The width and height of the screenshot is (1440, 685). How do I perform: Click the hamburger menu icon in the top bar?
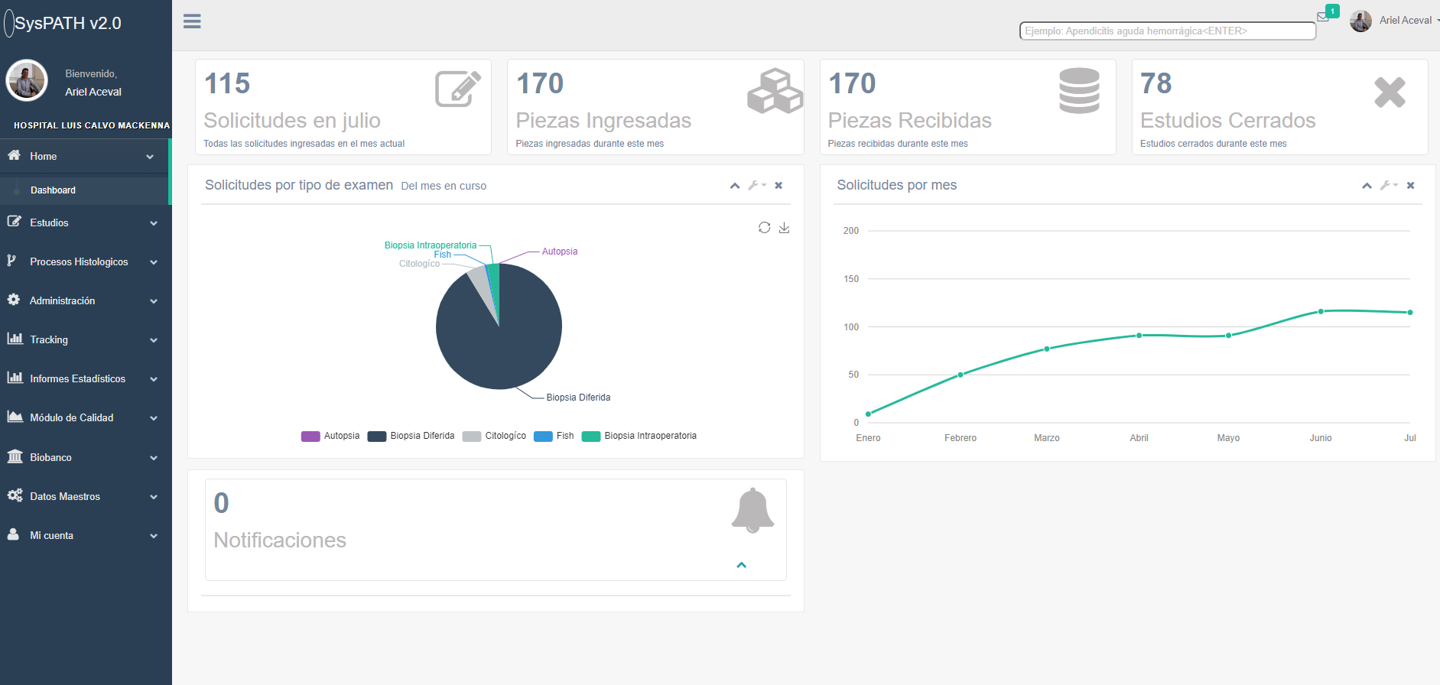[x=192, y=21]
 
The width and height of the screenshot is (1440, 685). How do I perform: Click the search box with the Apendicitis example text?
[x=1167, y=31]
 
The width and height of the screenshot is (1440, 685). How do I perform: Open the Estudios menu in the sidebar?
[x=50, y=222]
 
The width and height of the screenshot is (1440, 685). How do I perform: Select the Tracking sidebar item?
[x=49, y=339]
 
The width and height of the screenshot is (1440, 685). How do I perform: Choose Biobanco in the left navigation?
[x=50, y=457]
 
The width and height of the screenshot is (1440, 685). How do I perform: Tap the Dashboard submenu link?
[x=53, y=190]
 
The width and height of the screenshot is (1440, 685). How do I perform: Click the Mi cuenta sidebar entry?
[x=52, y=535]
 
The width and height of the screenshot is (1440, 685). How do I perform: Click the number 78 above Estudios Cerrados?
[x=1156, y=83]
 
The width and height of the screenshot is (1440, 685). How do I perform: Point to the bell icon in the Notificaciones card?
[x=753, y=510]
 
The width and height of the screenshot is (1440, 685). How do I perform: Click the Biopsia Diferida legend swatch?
[x=376, y=436]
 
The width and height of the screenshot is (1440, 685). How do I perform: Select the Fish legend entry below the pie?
[x=554, y=436]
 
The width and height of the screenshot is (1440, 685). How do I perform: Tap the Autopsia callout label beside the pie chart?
[x=559, y=252]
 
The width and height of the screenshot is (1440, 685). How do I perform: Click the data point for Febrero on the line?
[x=961, y=375]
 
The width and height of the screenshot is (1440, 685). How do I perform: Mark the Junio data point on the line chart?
[x=1321, y=311]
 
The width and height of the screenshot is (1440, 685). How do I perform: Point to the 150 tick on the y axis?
[x=851, y=279]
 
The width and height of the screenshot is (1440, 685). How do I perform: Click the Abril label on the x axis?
[x=1139, y=438]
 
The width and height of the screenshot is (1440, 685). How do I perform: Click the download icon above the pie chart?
[x=784, y=228]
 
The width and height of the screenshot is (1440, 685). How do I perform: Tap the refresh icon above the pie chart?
[x=764, y=228]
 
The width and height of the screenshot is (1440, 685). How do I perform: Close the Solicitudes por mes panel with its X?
[x=1410, y=186]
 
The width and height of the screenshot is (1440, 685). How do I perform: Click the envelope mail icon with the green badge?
[x=1323, y=17]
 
